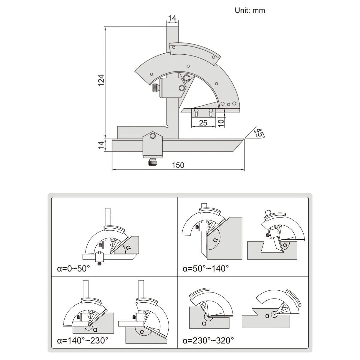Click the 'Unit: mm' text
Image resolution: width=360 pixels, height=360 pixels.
click(250, 10)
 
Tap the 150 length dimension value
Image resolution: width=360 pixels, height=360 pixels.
click(178, 165)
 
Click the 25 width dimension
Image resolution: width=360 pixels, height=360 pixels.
click(203, 123)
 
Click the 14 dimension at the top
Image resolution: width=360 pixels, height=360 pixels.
click(172, 18)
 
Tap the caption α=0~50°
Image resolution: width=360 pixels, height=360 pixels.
click(73, 268)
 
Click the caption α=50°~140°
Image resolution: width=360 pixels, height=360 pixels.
click(206, 268)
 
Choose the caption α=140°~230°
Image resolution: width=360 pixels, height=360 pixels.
click(82, 340)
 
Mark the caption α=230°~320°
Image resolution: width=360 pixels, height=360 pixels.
click(208, 340)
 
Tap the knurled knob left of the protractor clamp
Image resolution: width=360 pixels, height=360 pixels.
click(155, 88)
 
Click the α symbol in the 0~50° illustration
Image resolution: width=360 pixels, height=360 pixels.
click(128, 248)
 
